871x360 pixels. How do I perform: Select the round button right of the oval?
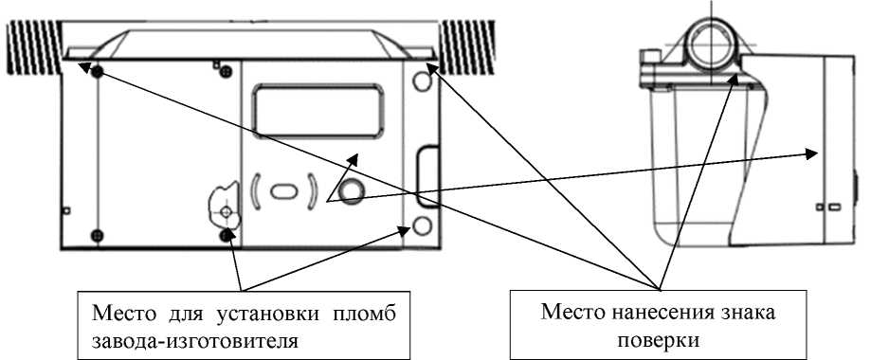pos(352,191)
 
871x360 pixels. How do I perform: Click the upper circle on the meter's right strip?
pos(422,82)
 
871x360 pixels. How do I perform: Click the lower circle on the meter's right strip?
pos(423,226)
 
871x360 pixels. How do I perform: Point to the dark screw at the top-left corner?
pos(95,73)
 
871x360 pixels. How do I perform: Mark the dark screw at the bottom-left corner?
pos(95,234)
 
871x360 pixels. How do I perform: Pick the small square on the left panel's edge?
pos(64,209)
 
